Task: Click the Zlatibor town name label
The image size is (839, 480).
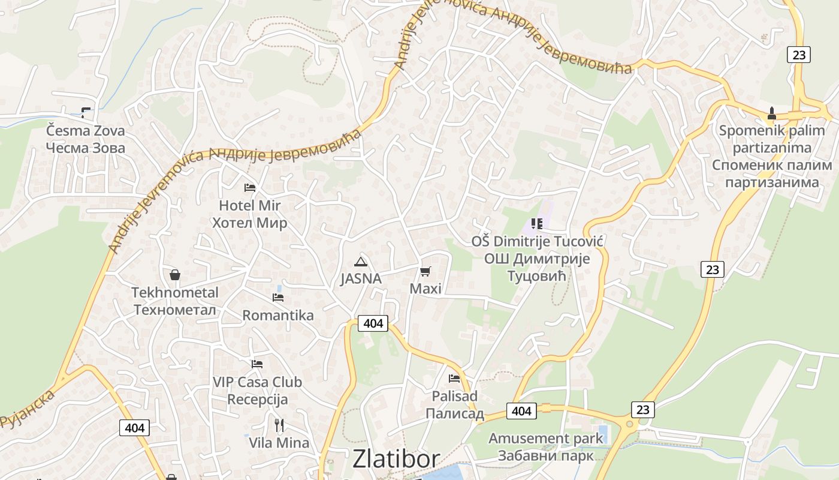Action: tap(396, 458)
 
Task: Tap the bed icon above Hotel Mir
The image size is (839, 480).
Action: tap(250, 188)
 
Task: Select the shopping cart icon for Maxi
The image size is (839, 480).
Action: tap(425, 271)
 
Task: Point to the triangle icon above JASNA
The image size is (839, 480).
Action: tap(360, 261)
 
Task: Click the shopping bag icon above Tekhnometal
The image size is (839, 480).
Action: tap(175, 275)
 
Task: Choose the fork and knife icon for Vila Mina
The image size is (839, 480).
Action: tap(279, 425)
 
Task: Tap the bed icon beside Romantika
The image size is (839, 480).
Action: tap(277, 297)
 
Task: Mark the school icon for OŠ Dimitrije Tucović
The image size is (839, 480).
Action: tap(537, 224)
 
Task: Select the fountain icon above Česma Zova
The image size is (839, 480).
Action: tap(86, 112)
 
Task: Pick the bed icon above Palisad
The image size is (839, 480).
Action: tap(454, 379)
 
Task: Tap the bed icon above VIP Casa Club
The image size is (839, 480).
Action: tap(257, 364)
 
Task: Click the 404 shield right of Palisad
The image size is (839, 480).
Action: tap(521, 411)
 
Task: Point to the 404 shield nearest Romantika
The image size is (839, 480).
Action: tap(373, 323)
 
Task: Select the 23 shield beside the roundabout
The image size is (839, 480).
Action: tap(642, 410)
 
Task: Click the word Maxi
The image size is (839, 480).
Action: tap(425, 289)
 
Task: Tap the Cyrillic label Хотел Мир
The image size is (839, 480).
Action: tap(249, 223)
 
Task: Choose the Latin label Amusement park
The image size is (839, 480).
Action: tap(545, 439)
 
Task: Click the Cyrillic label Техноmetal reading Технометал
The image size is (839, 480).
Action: tap(174, 310)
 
